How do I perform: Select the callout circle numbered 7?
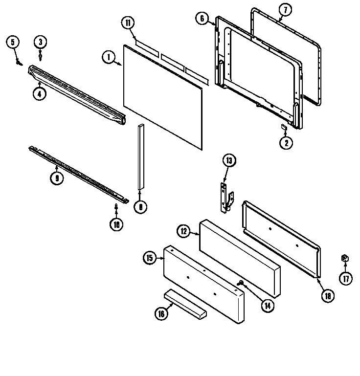coord(285,9)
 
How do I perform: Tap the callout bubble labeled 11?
coord(127,22)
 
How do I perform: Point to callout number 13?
coord(229,160)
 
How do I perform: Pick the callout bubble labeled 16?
coord(160,314)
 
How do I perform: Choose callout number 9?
coord(57,178)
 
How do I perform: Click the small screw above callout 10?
coord(116,206)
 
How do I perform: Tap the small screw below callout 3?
coord(41,57)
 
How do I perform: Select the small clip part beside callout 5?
coord(19,62)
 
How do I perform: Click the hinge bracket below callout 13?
coord(225,198)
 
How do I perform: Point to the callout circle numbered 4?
coord(40,94)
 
